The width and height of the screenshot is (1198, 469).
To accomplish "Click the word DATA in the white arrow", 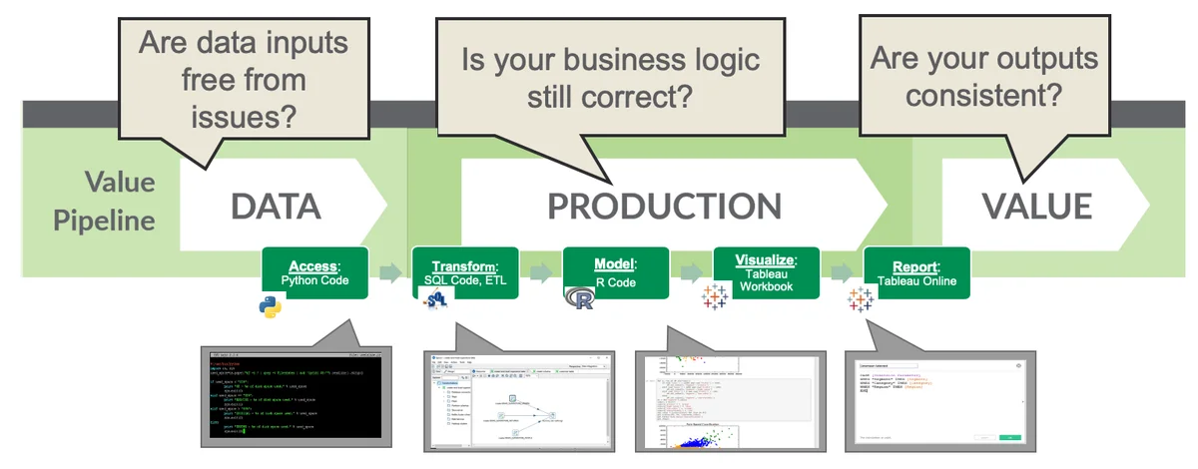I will click(x=276, y=206).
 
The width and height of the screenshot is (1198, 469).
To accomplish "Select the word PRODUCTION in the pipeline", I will click(x=664, y=206).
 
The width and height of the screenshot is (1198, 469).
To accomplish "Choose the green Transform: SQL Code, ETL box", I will click(x=464, y=272).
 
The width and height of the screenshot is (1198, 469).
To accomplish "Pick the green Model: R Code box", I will click(x=615, y=272).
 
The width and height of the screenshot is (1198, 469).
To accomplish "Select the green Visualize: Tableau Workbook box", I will click(x=765, y=272).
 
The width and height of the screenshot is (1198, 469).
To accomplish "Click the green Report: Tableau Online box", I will click(x=916, y=272).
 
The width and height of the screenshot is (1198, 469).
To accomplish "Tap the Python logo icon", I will click(x=271, y=305).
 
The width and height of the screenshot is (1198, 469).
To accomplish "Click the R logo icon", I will click(x=579, y=300).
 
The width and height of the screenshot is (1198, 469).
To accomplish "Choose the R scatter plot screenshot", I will click(x=729, y=398).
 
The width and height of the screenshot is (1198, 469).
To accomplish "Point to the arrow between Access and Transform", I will click(x=391, y=273).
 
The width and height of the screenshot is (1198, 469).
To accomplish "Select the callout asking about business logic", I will click(x=611, y=78).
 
